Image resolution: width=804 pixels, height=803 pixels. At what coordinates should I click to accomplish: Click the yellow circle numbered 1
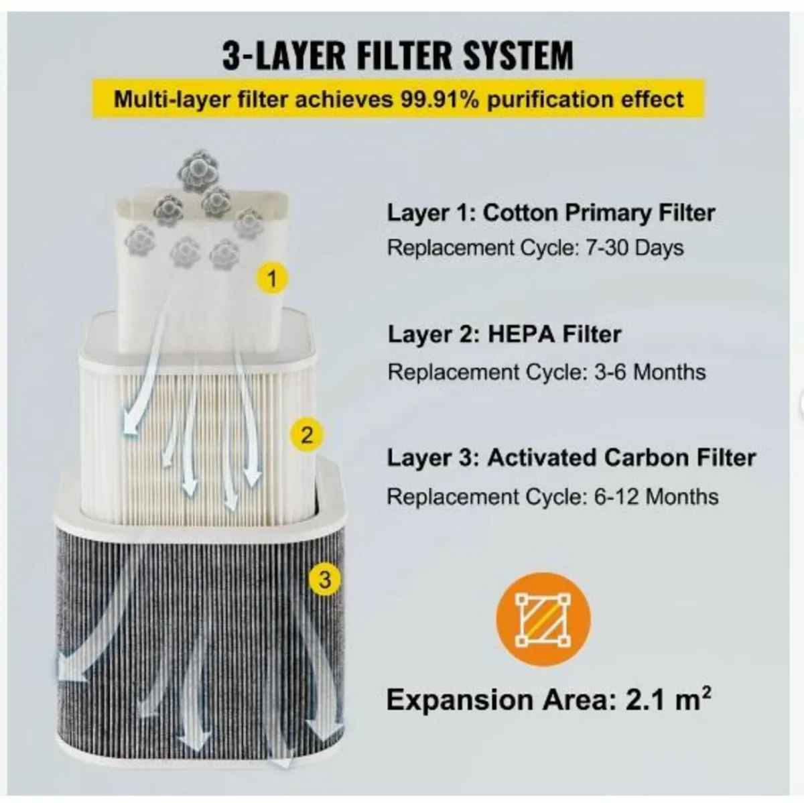coord(272,279)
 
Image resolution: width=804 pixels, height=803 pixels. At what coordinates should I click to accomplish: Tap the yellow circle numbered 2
coord(307,436)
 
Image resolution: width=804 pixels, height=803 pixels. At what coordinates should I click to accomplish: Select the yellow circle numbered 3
coord(324,580)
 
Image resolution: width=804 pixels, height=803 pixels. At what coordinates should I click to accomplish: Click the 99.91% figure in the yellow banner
coord(440,99)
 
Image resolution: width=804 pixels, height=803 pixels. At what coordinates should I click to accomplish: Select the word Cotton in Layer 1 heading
coord(520,213)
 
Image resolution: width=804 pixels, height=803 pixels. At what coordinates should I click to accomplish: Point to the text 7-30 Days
coord(634,248)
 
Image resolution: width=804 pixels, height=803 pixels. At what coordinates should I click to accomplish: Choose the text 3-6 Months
coord(650,371)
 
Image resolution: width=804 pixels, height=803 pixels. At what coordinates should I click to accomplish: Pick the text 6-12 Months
coord(657,497)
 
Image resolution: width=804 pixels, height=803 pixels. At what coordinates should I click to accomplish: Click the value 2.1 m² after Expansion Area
coord(669,699)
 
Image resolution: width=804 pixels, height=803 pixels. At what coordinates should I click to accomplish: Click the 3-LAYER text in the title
coord(284,55)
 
